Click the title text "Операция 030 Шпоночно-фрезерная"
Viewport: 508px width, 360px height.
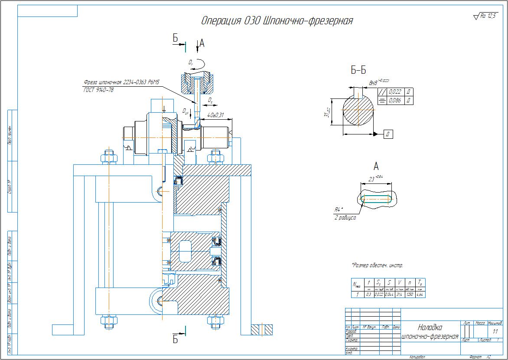277,21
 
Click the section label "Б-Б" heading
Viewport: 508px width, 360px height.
358,70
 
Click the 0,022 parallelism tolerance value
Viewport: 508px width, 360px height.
395,92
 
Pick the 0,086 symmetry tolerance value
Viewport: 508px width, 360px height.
395,101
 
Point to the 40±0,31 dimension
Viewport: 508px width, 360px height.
215,115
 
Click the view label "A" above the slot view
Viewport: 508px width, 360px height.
376,166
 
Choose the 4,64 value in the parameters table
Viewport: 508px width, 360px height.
419,295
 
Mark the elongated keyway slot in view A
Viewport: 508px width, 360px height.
376,199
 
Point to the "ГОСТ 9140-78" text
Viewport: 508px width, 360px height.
98,89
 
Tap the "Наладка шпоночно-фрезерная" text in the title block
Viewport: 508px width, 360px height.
430,332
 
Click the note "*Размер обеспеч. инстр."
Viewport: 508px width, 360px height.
377,265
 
